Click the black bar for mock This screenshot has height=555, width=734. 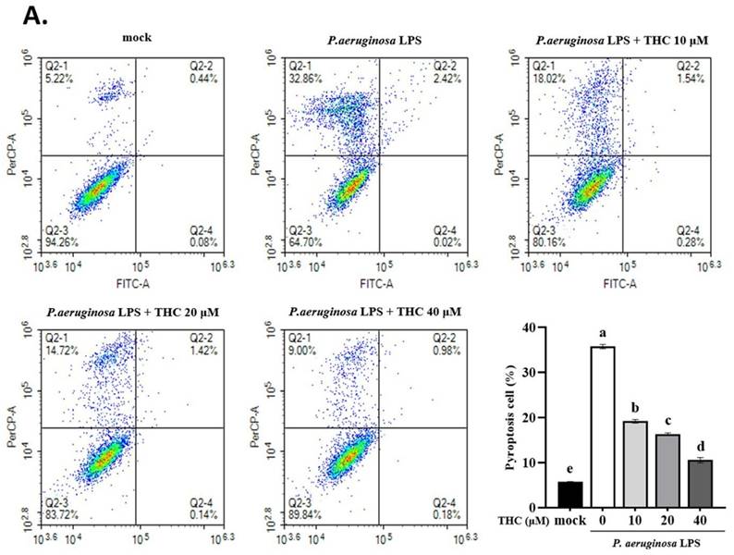[571, 495]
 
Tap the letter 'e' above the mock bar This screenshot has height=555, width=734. [571, 472]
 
